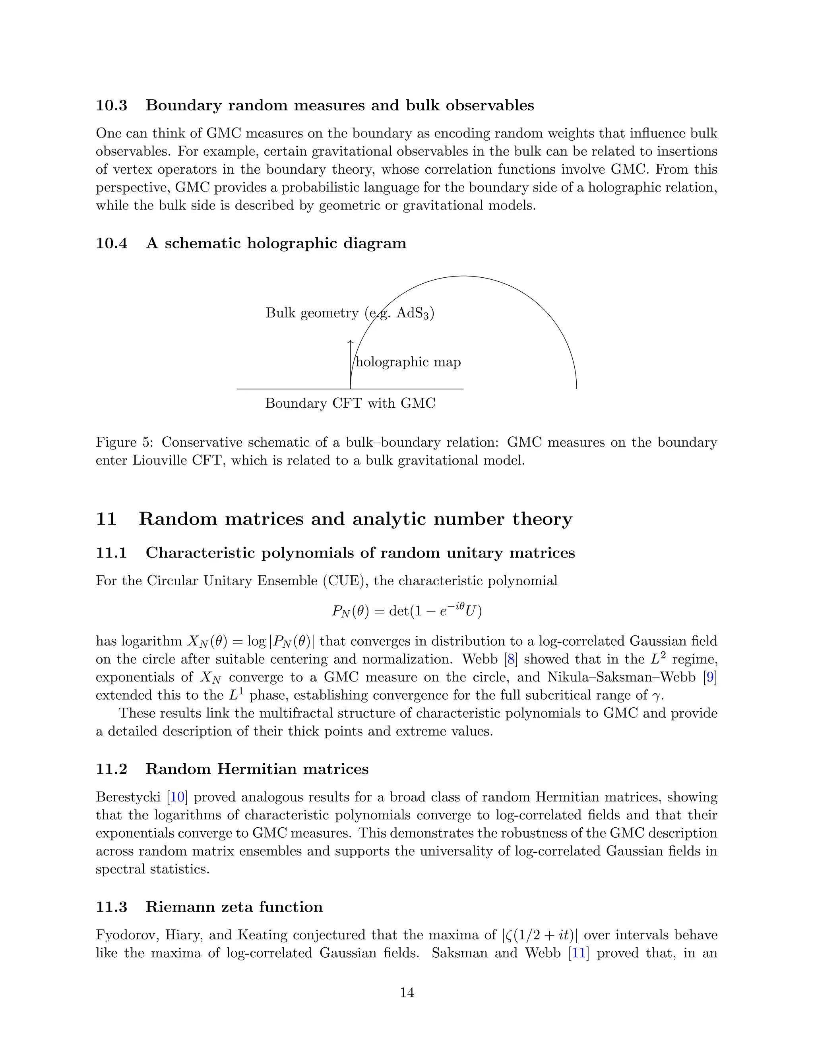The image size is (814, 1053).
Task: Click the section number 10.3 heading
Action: click(x=111, y=105)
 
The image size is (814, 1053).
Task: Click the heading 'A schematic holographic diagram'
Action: click(x=276, y=243)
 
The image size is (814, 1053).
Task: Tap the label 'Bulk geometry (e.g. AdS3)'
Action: click(x=350, y=314)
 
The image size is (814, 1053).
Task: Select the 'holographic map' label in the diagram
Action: click(x=408, y=362)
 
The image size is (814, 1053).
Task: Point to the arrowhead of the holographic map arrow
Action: click(x=351, y=342)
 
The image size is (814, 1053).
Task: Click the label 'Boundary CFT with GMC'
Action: click(x=350, y=403)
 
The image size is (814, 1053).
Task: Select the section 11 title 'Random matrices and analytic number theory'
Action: click(x=355, y=519)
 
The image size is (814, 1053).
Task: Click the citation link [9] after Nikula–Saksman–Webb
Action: click(x=709, y=677)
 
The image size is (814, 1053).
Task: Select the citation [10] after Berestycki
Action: click(x=177, y=797)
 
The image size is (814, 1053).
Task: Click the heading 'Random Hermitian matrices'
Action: click(x=257, y=769)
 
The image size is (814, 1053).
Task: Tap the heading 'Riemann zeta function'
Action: click(x=234, y=907)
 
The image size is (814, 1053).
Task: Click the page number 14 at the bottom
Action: click(x=407, y=992)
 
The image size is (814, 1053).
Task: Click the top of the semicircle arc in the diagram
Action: click(x=463, y=276)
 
